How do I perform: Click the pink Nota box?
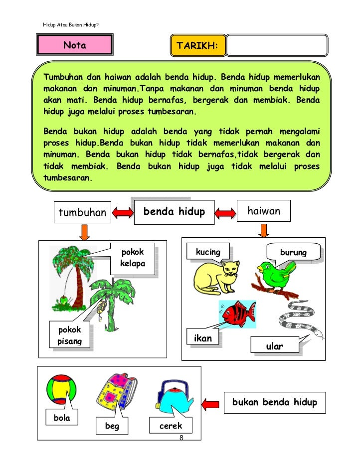(x=74, y=46)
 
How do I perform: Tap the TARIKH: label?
(x=198, y=46)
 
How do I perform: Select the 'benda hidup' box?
(x=174, y=212)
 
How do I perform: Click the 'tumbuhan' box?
(x=83, y=213)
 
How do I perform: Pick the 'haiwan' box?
(x=264, y=212)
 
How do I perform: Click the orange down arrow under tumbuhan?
(x=85, y=232)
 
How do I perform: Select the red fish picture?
(x=235, y=313)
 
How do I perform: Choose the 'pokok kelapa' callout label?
(x=132, y=258)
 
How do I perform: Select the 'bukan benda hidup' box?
(x=275, y=402)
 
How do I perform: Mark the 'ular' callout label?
(x=275, y=346)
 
